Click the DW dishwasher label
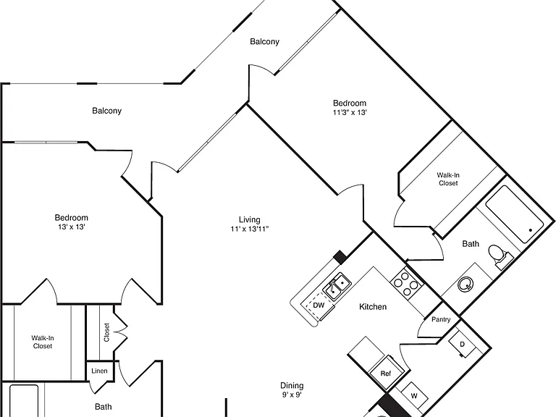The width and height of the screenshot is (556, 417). (x=319, y=305)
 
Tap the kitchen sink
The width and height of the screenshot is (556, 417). (x=337, y=287)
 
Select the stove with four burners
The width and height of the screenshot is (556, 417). (x=407, y=283)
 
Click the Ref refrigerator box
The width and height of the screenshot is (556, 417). (x=386, y=373)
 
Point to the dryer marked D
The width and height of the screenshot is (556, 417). (x=462, y=344)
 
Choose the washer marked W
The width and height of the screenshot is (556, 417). (x=414, y=396)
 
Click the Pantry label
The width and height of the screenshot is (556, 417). (x=441, y=319)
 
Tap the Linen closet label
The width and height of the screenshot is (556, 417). (x=99, y=371)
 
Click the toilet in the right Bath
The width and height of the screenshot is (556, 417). (x=500, y=256)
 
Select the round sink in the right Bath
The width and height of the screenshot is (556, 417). (x=466, y=284)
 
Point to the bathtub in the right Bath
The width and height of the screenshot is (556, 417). (x=514, y=214)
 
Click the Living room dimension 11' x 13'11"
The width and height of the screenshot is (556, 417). (x=249, y=229)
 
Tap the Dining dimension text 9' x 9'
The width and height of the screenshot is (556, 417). (x=292, y=395)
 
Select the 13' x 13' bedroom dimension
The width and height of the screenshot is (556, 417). (x=71, y=227)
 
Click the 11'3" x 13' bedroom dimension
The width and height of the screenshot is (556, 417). (x=349, y=112)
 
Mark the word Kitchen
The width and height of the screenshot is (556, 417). (x=373, y=307)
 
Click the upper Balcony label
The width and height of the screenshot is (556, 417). (x=264, y=42)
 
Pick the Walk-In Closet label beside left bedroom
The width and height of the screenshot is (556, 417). (x=43, y=342)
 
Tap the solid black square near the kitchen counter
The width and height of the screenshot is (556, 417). (x=340, y=257)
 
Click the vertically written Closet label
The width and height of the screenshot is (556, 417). (x=106, y=332)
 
